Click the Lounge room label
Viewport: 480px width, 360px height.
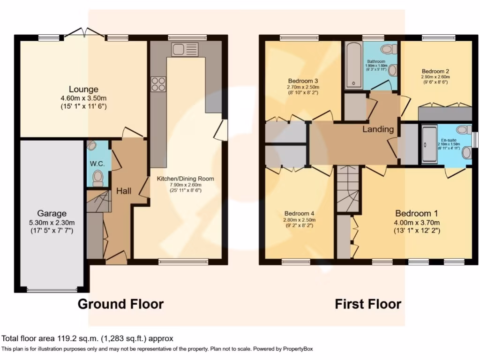tap(83, 89)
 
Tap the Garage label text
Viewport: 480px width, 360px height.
tap(52, 213)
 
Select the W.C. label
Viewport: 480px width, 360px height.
tap(97, 164)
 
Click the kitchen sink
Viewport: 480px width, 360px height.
tap(185, 49)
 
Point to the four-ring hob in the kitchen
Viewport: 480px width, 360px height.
tap(158, 83)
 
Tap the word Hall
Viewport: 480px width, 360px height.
tap(124, 191)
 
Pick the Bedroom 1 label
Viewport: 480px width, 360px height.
tap(417, 212)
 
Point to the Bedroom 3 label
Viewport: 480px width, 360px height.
tap(303, 79)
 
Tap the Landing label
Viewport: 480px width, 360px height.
tap(378, 129)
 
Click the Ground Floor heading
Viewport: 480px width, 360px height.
tap(120, 304)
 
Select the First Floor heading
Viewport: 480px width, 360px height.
tap(368, 304)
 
